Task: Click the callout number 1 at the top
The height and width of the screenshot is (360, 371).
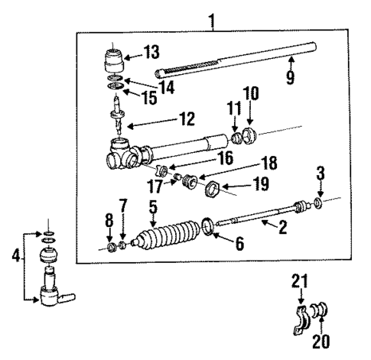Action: click(x=212, y=15)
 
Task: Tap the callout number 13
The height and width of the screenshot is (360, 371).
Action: click(x=152, y=53)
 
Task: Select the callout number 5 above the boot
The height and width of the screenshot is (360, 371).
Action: click(x=153, y=206)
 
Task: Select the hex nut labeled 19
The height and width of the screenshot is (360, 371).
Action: click(x=214, y=189)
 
